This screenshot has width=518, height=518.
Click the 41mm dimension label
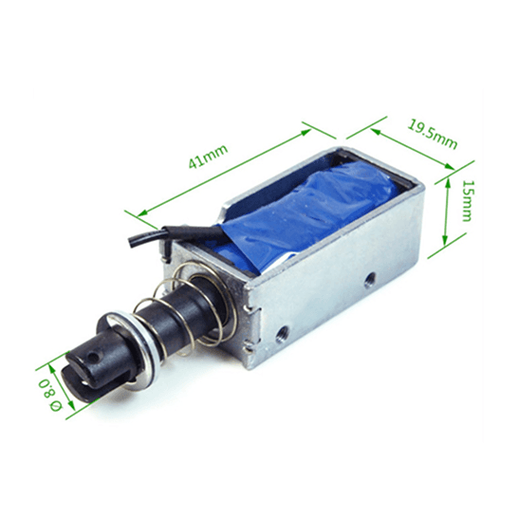coord(208,157)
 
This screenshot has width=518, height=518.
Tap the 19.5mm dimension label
coord(433,135)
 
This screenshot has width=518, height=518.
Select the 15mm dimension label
coord(467,201)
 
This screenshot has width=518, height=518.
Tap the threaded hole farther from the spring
coord(369,280)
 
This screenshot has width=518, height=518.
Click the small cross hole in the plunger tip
coord(94,358)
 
